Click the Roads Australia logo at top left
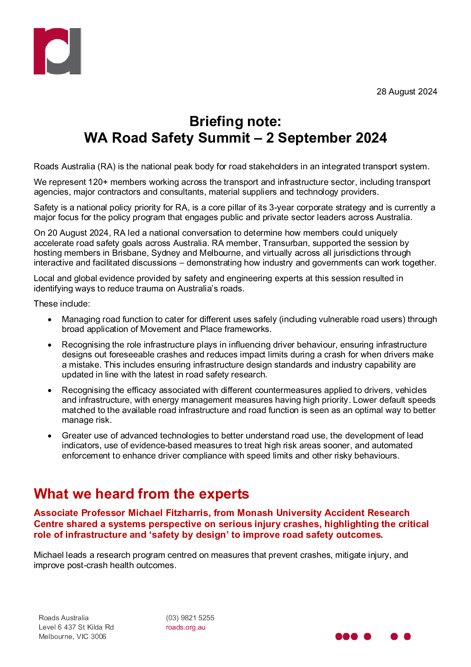[57, 51]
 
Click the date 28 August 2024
[406, 92]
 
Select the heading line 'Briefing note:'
[235, 122]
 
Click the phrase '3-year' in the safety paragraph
[281, 208]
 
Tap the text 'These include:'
[62, 304]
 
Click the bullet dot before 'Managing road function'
[50, 319]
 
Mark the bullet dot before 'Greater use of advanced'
[50, 436]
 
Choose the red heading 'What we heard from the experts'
[141, 494]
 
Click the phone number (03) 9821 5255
[190, 618]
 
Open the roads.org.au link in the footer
[186, 627]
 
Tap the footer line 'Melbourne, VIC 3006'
[72, 637]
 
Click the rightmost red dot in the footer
[407, 636]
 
